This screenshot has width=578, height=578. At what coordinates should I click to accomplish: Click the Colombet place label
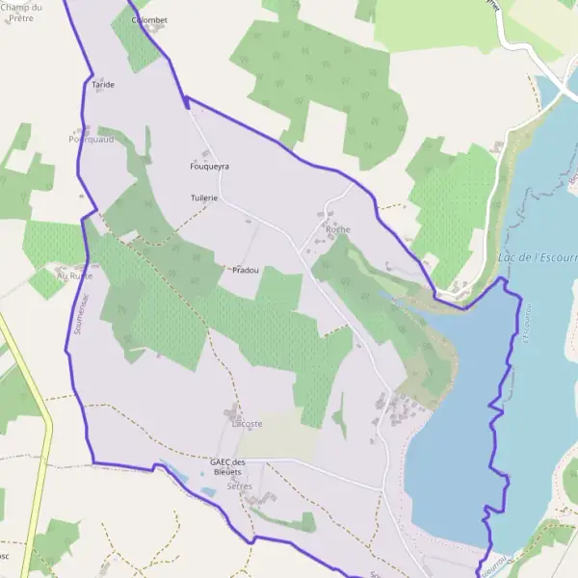coord(149,19)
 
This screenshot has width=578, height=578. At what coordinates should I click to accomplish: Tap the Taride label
coord(103,85)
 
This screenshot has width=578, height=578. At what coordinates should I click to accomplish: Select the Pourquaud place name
coord(91,139)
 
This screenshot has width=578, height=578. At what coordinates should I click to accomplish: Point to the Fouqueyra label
coord(210,166)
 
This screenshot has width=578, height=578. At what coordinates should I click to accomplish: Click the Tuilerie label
coord(204,197)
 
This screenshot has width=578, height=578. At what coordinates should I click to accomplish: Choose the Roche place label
coord(338,229)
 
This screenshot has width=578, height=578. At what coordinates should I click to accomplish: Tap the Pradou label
coord(246,270)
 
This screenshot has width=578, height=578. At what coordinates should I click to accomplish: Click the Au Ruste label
coord(74,275)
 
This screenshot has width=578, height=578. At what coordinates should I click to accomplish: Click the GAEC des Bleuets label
coord(228,467)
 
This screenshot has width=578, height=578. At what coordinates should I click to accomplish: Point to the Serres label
coord(239,487)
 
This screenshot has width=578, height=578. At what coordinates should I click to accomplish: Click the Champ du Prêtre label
coord(22,13)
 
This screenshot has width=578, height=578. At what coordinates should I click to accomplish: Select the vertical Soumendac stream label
coord(76,313)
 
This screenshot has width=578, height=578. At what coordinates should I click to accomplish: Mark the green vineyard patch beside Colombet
coord(134,43)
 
